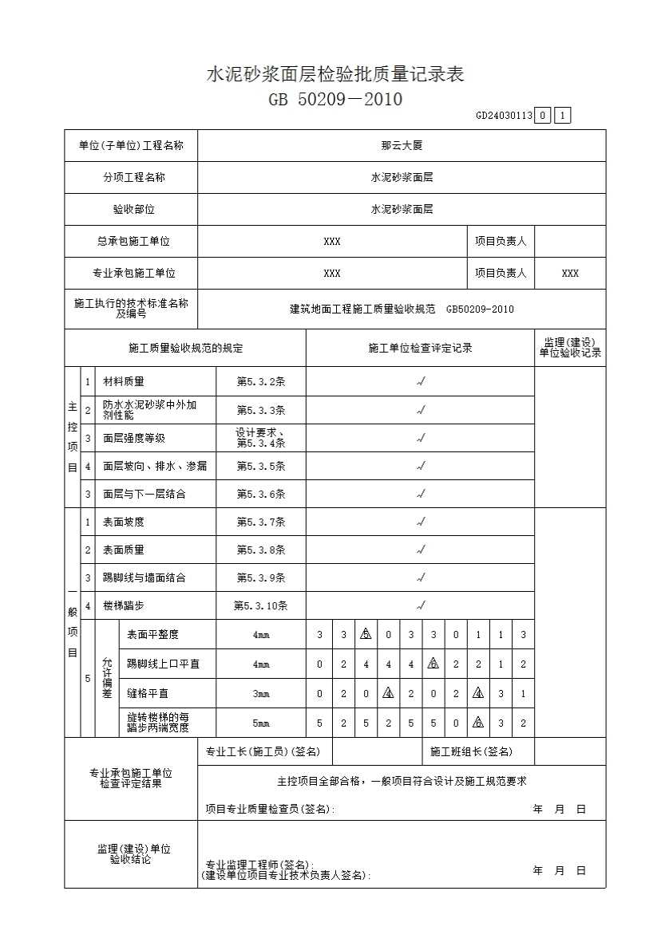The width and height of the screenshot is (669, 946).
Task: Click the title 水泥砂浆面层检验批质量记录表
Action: point(335,75)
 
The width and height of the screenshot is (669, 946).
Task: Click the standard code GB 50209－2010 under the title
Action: point(335,100)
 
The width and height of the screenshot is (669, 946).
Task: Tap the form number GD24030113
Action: point(503,116)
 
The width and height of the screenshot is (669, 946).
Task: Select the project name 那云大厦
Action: point(402,146)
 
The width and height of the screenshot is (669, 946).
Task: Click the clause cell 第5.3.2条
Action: point(260,382)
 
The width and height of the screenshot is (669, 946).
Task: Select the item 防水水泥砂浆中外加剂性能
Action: point(150,410)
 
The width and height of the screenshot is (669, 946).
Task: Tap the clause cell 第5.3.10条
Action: point(260,605)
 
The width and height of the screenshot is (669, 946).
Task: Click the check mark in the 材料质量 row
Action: point(421,382)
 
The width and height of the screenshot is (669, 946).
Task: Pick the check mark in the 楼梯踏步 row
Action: point(421,605)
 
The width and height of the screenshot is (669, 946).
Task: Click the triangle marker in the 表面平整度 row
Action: point(366,635)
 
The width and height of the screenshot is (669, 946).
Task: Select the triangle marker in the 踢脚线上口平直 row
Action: point(433,664)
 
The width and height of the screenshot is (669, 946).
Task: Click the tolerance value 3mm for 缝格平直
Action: point(260,694)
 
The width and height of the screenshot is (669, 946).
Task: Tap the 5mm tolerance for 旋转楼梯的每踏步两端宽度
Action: point(260,723)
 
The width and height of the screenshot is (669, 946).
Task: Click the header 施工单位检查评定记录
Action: point(420,349)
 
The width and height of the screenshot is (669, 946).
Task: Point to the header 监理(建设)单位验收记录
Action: point(570,348)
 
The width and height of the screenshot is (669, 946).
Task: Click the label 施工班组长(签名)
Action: point(471,751)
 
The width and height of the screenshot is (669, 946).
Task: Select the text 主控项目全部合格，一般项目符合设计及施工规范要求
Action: point(402,782)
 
